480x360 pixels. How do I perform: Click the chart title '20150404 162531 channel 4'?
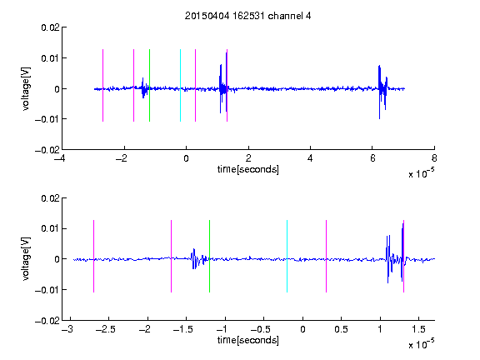pyautogui.click(x=248, y=16)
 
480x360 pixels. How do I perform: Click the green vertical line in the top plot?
pyautogui.click(x=149, y=85)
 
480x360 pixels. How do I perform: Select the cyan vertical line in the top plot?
pyautogui.click(x=180, y=85)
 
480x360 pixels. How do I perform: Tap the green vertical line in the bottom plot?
pyautogui.click(x=209, y=256)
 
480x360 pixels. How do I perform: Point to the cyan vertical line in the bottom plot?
pyautogui.click(x=287, y=256)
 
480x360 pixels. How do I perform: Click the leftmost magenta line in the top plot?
pyautogui.click(x=102, y=85)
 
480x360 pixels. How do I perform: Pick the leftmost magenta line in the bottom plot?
pyautogui.click(x=93, y=256)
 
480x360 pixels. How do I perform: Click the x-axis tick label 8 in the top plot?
pyautogui.click(x=434, y=158)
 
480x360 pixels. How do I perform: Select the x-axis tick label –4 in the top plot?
pyautogui.click(x=59, y=158)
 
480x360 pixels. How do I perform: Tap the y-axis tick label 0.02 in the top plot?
pyautogui.click(x=50, y=27)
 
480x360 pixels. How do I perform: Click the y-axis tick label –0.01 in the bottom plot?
pyautogui.click(x=47, y=290)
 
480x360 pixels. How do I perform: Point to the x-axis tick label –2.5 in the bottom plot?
pyautogui.click(x=105, y=329)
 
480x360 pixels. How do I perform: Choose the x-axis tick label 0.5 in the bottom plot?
pyautogui.click(x=341, y=329)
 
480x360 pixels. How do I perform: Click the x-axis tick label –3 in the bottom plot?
pyautogui.click(x=67, y=329)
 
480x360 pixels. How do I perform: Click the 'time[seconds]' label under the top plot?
pyautogui.click(x=248, y=169)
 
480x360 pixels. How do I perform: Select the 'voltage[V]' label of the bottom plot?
pyautogui.click(x=26, y=258)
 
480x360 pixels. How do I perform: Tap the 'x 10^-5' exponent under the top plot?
pyautogui.click(x=421, y=173)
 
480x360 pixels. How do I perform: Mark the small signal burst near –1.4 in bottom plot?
pyautogui.click(x=198, y=259)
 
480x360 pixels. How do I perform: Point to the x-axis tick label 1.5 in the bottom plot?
pyautogui.click(x=418, y=329)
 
